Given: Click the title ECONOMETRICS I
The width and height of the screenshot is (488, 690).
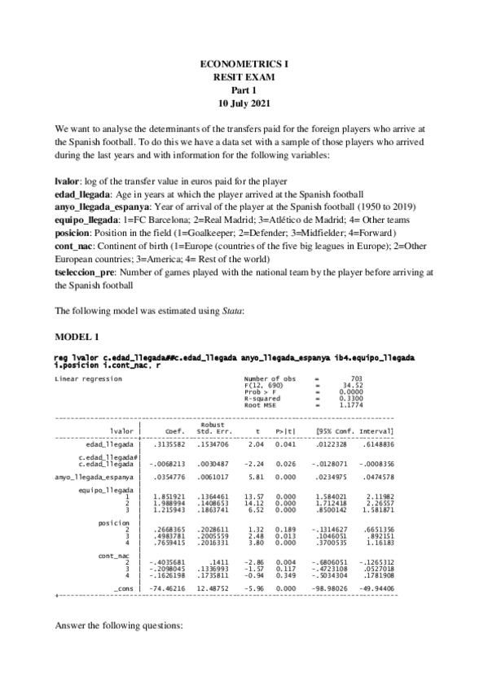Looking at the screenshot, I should click(244, 63).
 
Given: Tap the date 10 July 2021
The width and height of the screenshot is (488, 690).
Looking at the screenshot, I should click(244, 104).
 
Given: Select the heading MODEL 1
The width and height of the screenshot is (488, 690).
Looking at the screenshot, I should click(75, 336).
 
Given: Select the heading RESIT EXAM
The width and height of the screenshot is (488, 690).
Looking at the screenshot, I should click(244, 76).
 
